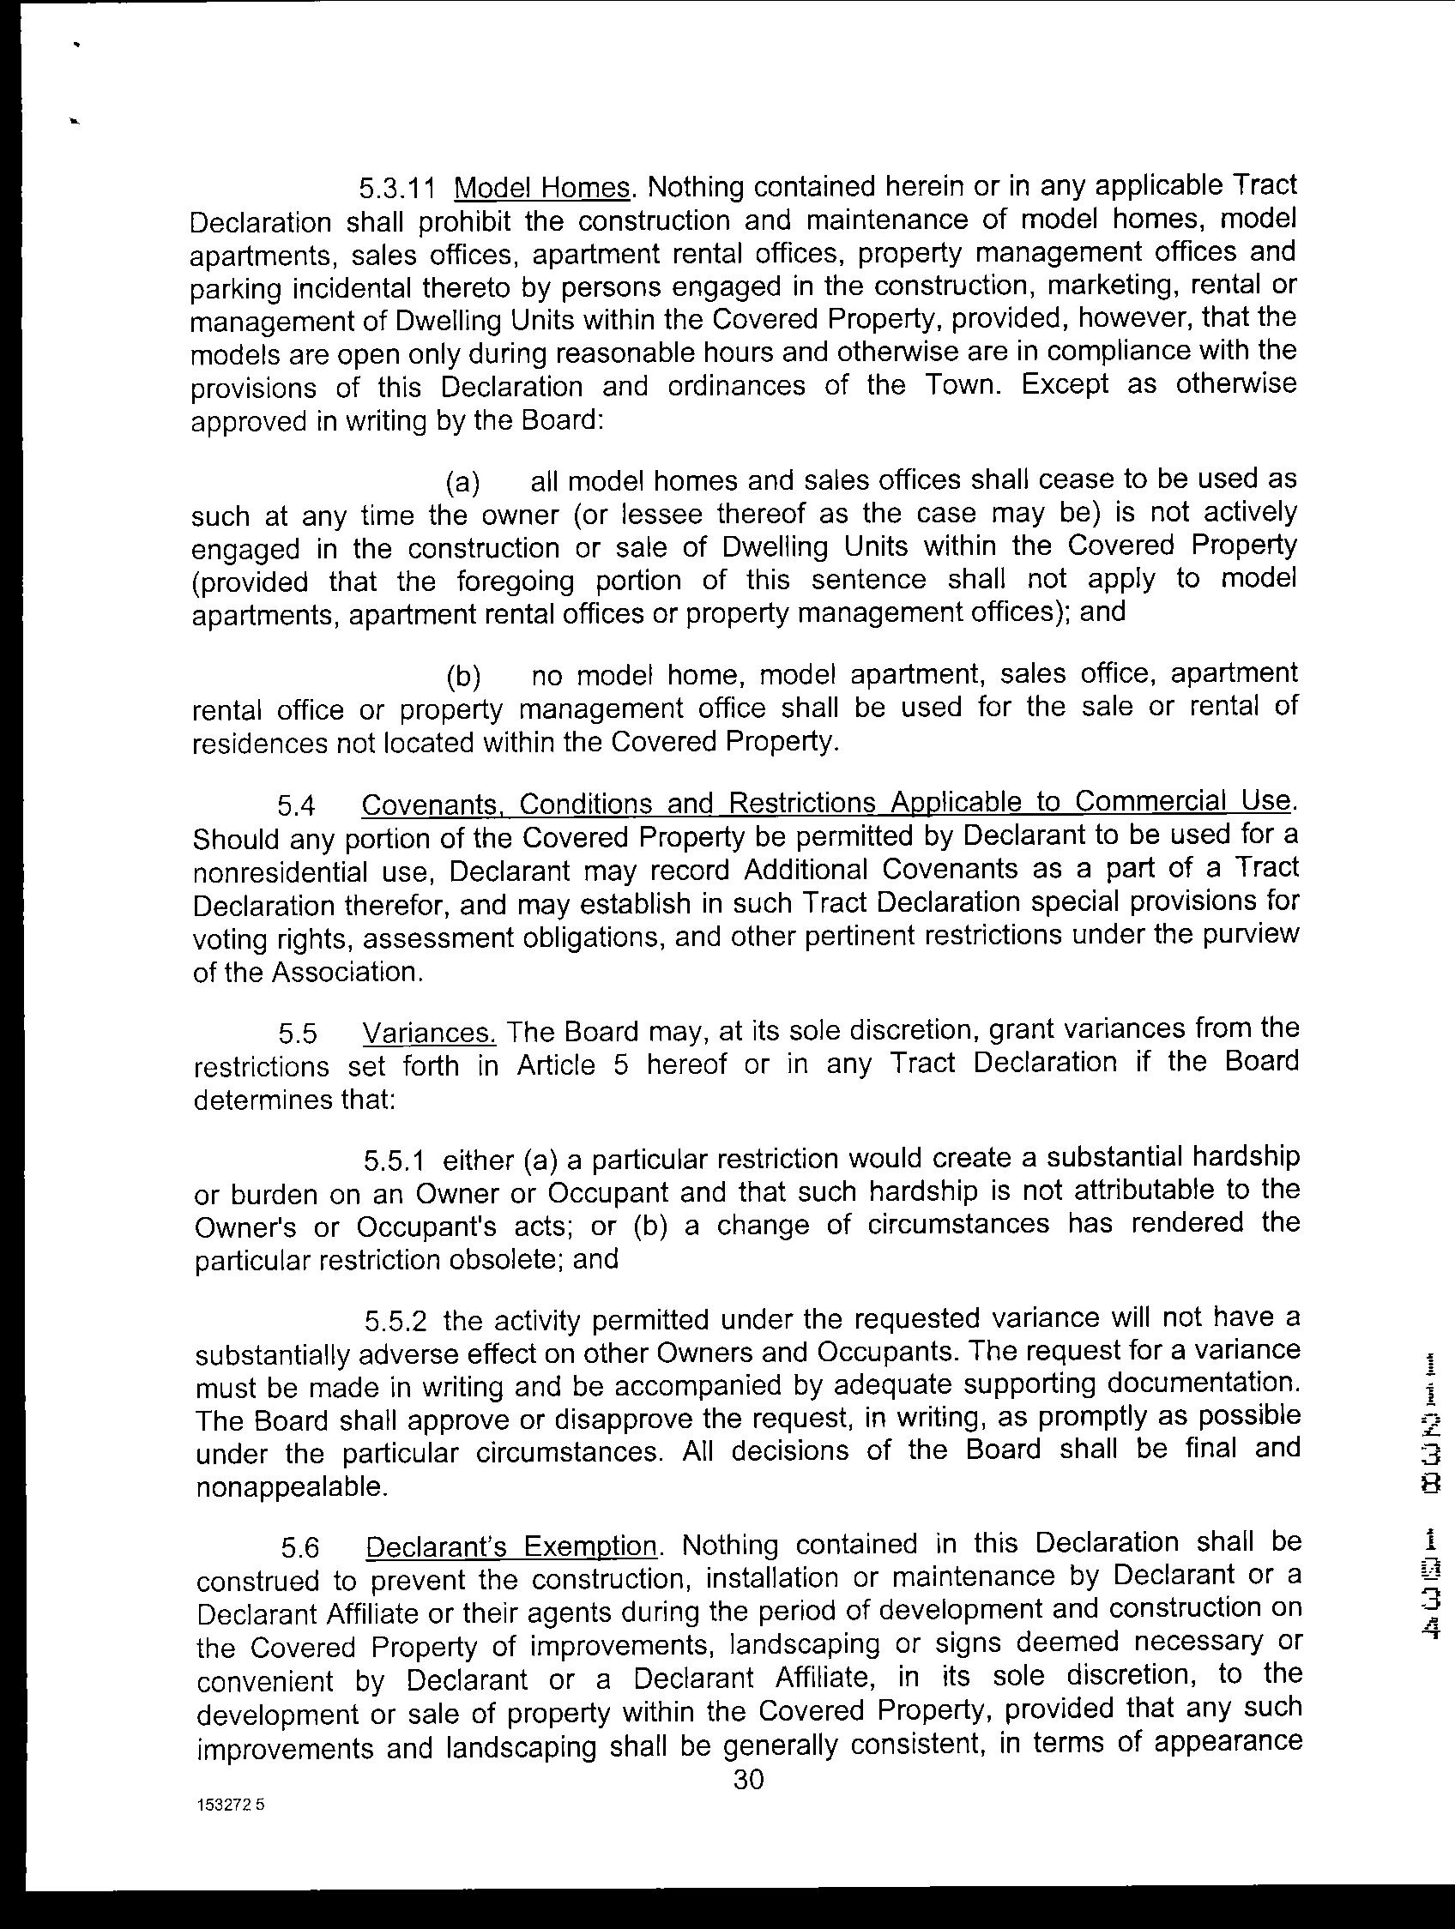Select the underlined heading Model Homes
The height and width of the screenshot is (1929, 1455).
pos(542,188)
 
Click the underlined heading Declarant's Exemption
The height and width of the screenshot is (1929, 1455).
pos(511,1547)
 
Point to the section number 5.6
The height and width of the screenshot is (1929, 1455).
pos(301,1548)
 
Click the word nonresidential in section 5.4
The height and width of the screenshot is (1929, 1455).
pos(293,872)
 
